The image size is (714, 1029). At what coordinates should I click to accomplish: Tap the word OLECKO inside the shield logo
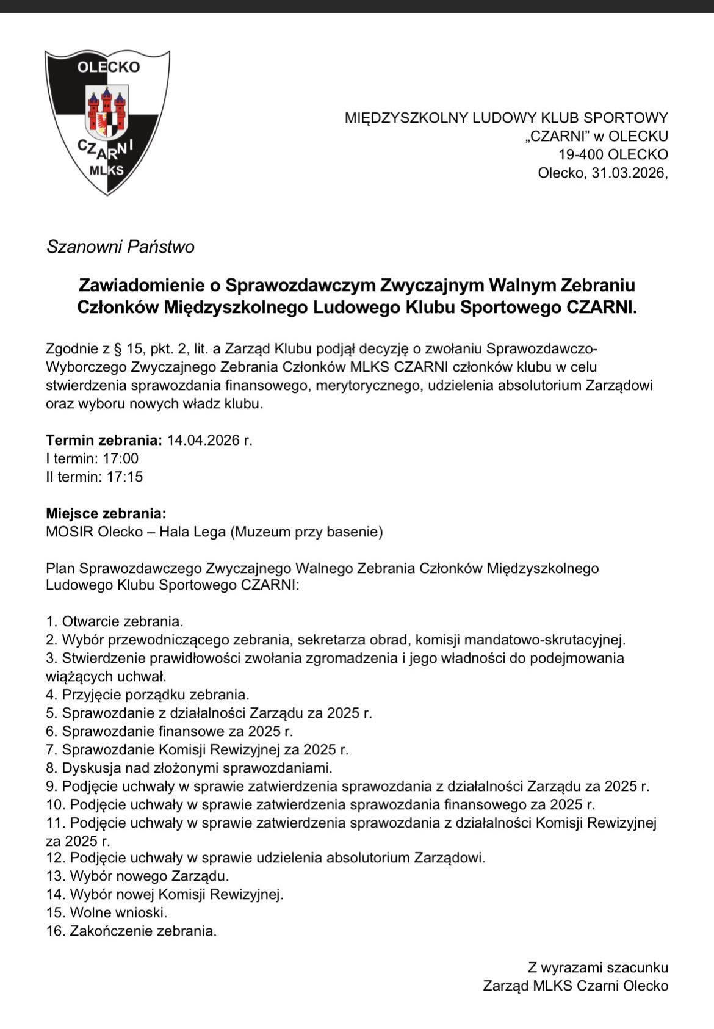[108, 67]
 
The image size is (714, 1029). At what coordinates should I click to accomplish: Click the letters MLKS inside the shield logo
[106, 170]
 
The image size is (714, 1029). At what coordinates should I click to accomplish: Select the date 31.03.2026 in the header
[628, 173]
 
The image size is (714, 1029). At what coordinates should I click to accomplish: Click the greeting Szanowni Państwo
[120, 247]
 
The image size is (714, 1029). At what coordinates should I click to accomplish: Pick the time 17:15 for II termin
[124, 477]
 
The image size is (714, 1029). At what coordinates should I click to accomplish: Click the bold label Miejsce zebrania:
[106, 513]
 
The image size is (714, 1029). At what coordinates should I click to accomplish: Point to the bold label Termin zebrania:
[104, 440]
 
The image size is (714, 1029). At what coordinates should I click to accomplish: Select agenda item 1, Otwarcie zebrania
[115, 622]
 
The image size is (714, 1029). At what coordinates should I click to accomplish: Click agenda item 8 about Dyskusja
[189, 768]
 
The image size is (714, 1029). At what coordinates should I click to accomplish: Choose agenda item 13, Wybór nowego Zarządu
[138, 876]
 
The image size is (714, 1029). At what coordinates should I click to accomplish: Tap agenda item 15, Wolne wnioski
[107, 913]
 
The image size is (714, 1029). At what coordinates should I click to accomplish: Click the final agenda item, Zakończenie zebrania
[132, 931]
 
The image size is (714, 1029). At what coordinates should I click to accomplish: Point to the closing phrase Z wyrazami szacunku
[597, 967]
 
